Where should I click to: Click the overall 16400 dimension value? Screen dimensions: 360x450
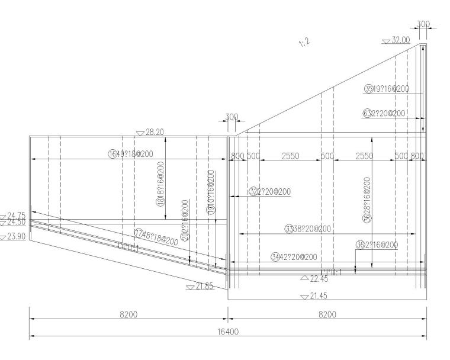[x=228, y=333]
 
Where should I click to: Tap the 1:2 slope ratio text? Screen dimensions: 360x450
[x=306, y=43]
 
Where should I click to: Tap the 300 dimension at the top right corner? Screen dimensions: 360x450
[x=423, y=24]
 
